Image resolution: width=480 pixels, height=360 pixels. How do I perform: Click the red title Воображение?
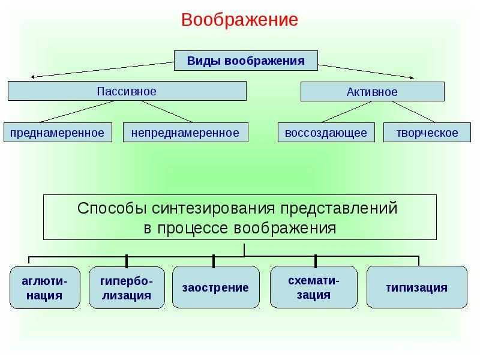[x=239, y=20]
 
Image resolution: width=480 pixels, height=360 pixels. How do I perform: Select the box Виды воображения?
[x=246, y=61]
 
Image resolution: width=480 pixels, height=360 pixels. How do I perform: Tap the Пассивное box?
[x=127, y=91]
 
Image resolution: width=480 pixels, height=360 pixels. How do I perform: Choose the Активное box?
[x=372, y=92]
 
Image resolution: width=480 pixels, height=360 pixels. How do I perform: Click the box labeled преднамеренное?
[x=58, y=133]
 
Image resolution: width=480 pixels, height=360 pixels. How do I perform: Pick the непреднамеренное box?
[x=185, y=133]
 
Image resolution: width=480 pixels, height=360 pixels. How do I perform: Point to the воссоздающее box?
[x=326, y=133]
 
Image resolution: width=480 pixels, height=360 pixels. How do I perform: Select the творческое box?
[x=427, y=133]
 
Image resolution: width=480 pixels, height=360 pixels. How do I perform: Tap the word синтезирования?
[x=214, y=208]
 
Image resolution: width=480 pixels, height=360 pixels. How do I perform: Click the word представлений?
[x=339, y=208]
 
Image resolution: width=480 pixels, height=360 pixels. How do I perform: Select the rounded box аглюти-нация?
[x=45, y=288]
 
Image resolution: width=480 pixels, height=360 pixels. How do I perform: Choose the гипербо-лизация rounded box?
[x=127, y=288]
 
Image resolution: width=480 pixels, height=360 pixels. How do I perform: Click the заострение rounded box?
[x=216, y=287]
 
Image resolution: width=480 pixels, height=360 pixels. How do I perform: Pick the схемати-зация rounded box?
[x=313, y=287]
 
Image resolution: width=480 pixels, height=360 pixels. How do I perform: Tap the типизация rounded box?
[x=416, y=287]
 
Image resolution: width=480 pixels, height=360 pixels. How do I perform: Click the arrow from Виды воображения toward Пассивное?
[x=102, y=70]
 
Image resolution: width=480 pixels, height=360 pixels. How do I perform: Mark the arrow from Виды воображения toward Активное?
[x=366, y=71]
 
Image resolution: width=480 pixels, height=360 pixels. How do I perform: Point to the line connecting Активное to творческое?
[x=413, y=112]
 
